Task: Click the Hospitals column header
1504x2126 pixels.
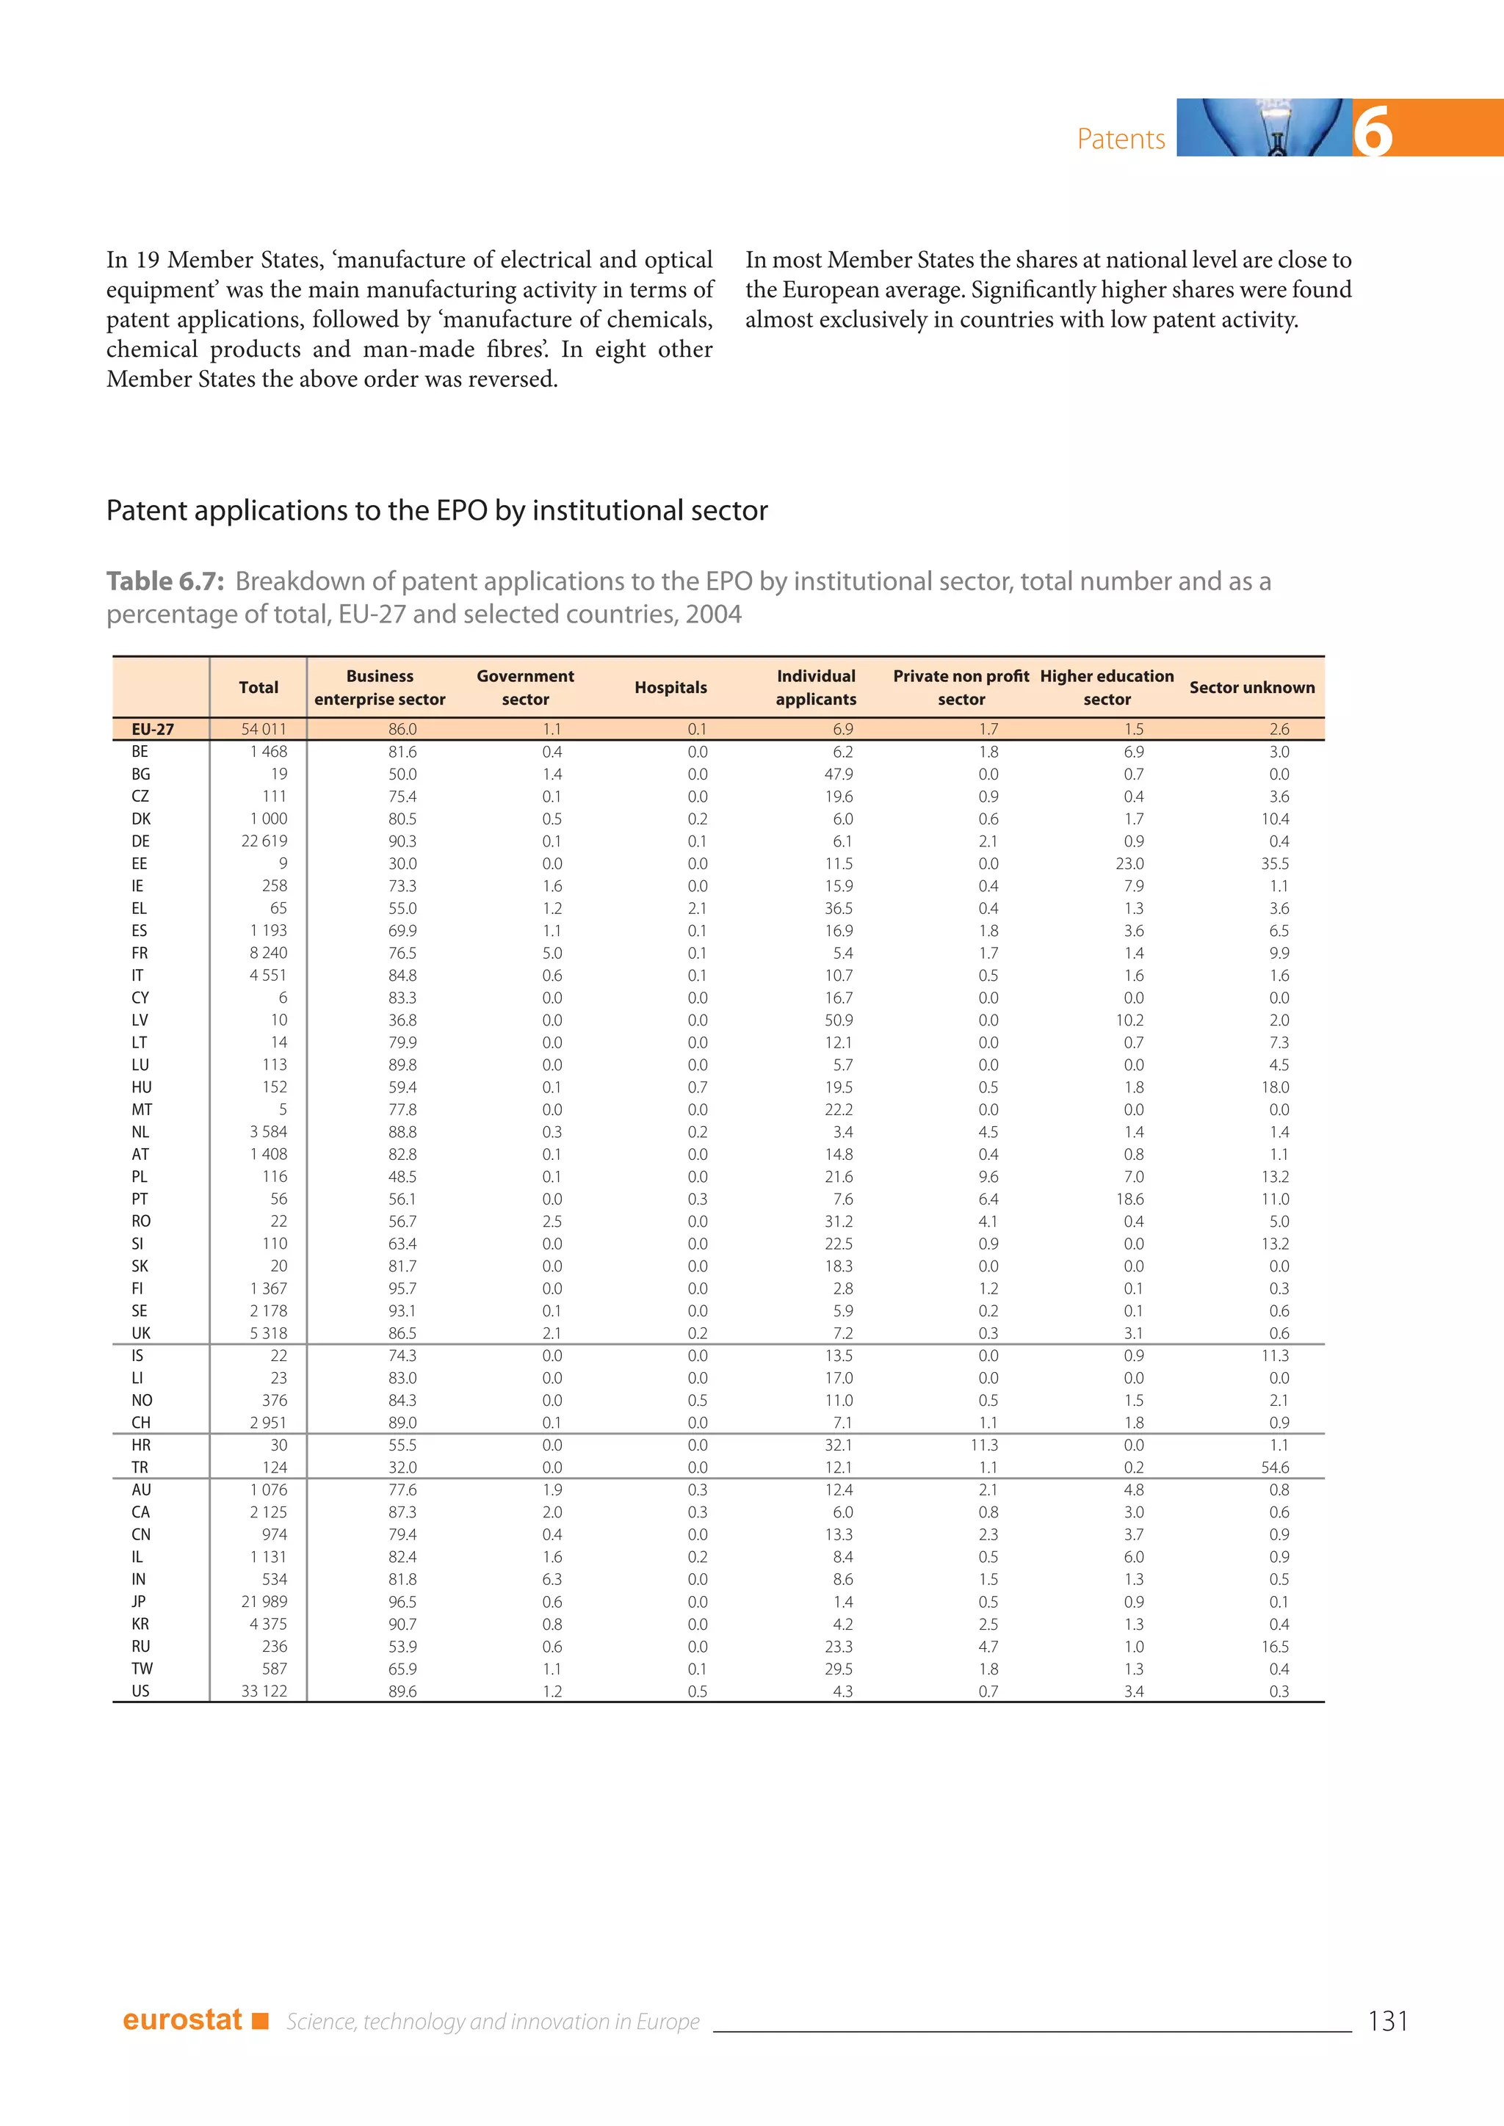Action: coord(670,687)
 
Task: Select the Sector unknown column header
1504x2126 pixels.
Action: coord(1251,687)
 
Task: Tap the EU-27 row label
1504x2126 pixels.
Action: coord(153,730)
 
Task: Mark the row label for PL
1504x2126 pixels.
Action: coord(139,1177)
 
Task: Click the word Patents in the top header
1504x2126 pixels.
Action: coord(1121,139)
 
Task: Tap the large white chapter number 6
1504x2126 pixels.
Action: coord(1373,131)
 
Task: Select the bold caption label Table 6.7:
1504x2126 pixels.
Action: coord(164,581)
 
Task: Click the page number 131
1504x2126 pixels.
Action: coord(1386,2020)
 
